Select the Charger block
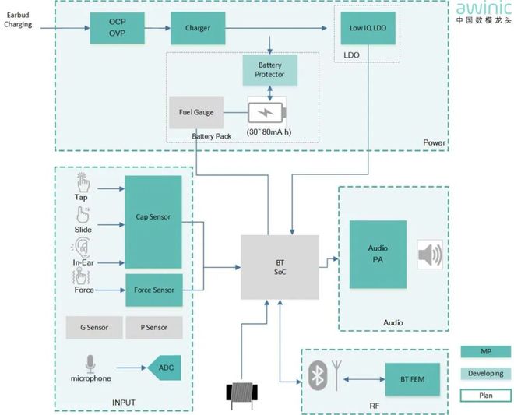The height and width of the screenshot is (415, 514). coord(198,29)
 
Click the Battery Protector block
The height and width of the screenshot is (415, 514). coord(269,69)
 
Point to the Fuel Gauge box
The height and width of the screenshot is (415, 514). coord(196,113)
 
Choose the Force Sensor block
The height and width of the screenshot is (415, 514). coord(153,290)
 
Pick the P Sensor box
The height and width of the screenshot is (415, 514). coord(153,328)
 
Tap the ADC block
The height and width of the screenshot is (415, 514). coord(164,367)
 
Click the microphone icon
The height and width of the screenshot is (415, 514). coord(90,364)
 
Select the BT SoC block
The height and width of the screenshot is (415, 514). coord(279,266)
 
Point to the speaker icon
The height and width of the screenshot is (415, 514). coord(430,254)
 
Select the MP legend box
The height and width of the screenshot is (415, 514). coord(485,351)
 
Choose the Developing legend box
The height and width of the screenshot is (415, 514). coord(485,374)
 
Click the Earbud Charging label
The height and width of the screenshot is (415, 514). coord(18,19)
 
